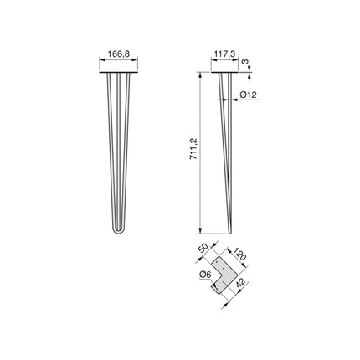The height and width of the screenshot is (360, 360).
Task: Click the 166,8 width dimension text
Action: [x=121, y=55]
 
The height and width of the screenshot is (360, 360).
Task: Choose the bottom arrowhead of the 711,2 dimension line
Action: [x=201, y=232]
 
